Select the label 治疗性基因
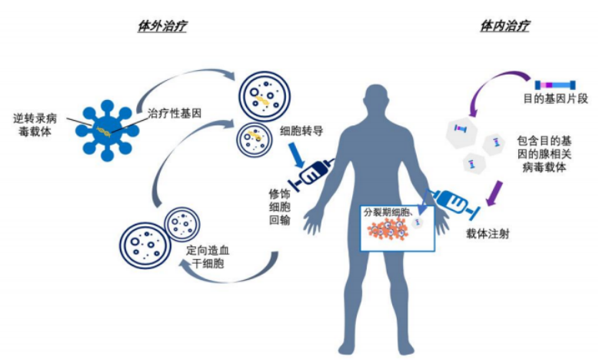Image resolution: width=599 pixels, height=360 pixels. pyautogui.click(x=175, y=112)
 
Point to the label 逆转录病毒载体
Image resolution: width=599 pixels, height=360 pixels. pyautogui.click(x=36, y=126)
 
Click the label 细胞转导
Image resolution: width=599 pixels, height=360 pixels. pyautogui.click(x=302, y=132)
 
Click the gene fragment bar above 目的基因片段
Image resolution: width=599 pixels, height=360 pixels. pyautogui.click(x=555, y=83)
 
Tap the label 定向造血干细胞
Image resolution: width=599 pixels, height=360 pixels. pyautogui.click(x=210, y=258)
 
